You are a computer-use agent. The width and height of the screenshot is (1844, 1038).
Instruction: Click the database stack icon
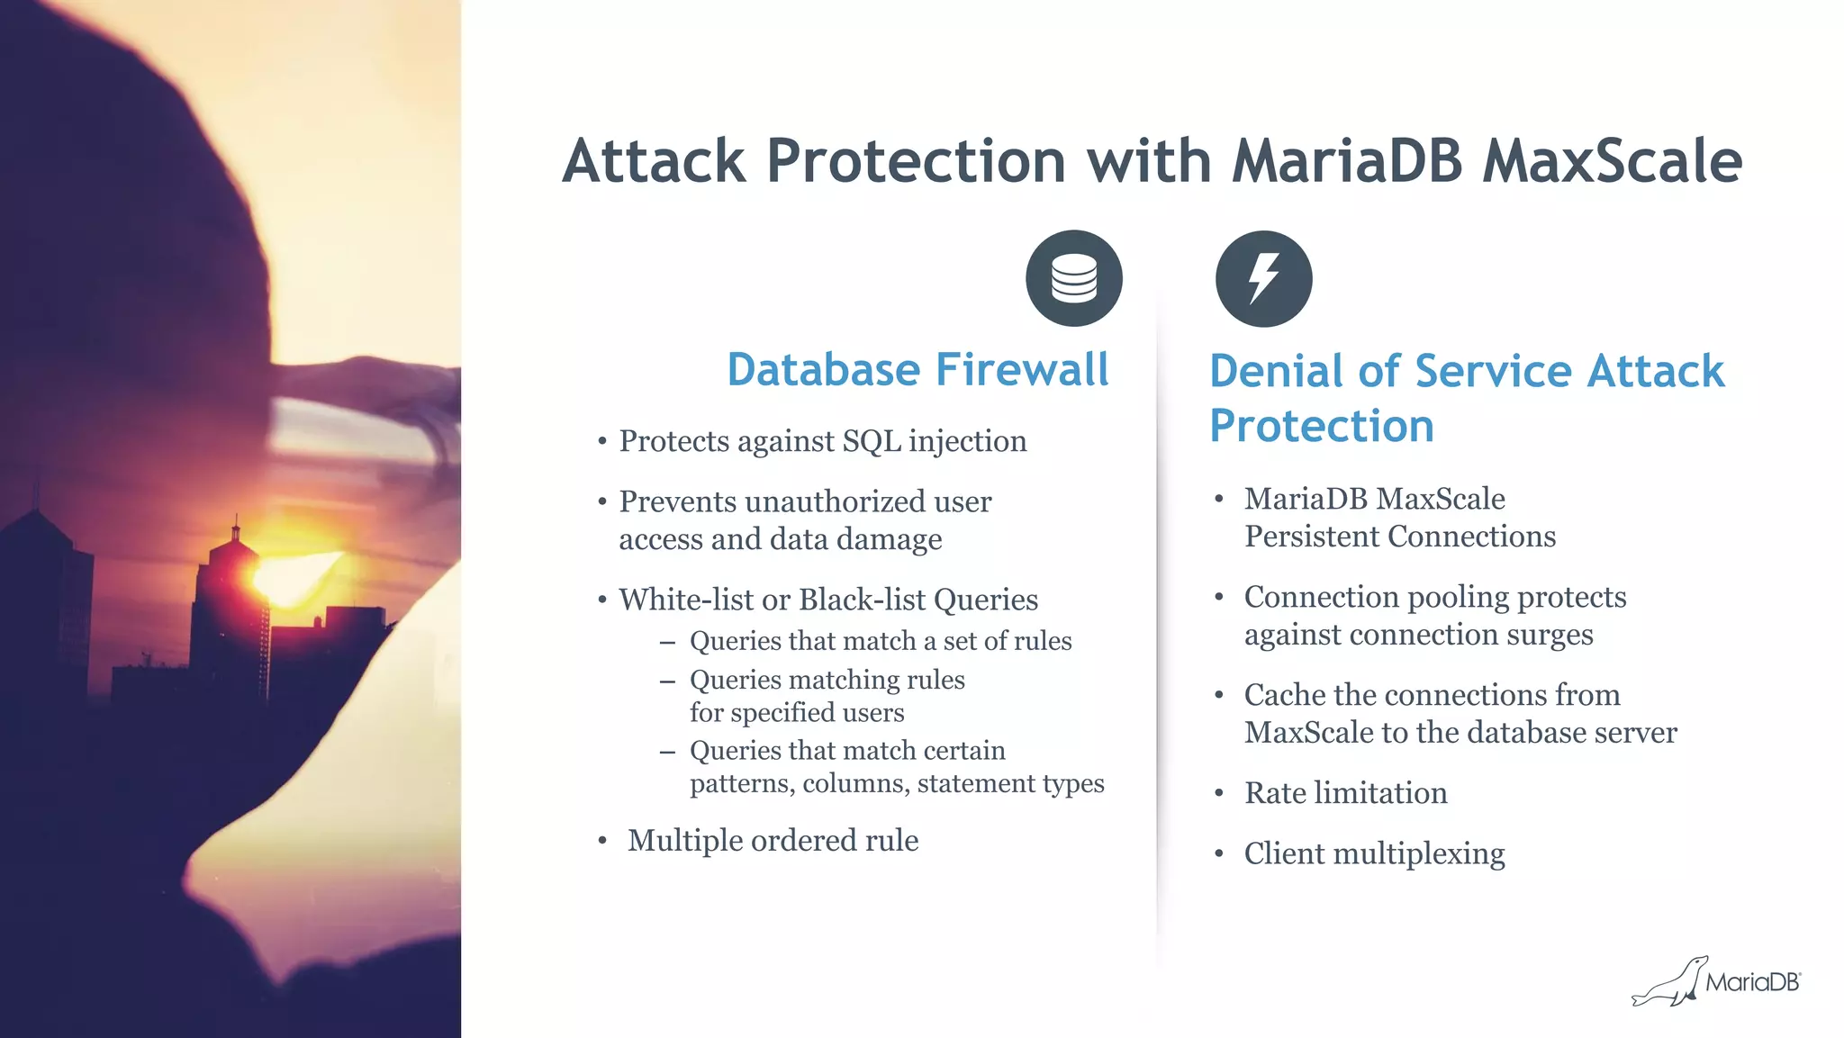point(1073,278)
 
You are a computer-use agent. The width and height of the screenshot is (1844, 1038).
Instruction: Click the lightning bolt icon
point(1263,278)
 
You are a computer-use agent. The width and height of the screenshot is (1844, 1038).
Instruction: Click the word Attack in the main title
point(655,161)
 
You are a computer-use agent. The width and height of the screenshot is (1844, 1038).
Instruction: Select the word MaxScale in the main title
point(1612,161)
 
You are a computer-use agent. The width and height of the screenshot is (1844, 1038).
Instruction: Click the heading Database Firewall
point(917,370)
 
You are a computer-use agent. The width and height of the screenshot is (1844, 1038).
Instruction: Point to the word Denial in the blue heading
point(1277,371)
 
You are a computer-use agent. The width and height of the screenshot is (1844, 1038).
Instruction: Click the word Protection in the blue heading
point(1321,426)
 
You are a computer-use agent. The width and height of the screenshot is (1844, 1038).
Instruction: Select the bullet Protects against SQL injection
point(822,441)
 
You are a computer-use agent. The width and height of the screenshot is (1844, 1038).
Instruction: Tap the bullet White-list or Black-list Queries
point(827,600)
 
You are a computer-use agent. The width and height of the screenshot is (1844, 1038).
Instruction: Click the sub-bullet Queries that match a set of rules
point(880,641)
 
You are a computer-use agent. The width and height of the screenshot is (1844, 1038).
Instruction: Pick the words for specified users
point(796,713)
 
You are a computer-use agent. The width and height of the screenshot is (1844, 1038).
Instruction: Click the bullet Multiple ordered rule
point(773,840)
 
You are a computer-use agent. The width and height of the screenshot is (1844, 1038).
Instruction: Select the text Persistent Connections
point(1399,537)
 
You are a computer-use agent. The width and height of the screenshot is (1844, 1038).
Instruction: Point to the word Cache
point(1285,695)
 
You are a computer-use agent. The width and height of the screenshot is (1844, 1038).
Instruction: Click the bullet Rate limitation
point(1345,793)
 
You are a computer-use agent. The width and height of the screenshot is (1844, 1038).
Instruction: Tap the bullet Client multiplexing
point(1374,853)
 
